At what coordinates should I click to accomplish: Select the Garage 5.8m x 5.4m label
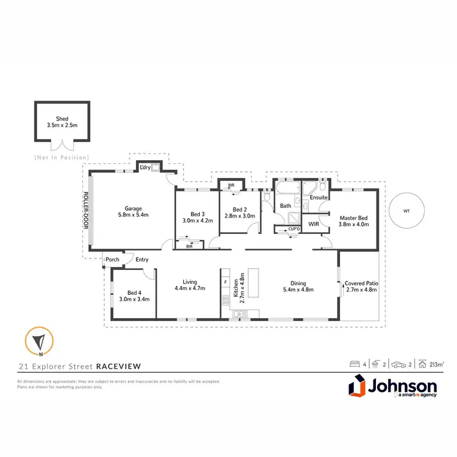[x=133, y=211]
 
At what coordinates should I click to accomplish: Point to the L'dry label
[x=145, y=167]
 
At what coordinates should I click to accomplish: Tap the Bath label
[x=286, y=206]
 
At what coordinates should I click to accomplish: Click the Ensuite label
[x=319, y=198]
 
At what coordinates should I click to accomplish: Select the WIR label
[x=314, y=224]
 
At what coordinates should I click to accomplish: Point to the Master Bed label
[x=352, y=220]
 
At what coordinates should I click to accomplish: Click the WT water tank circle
[x=406, y=211]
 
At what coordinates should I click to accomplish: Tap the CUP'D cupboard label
[x=295, y=229]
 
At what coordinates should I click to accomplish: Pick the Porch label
[x=113, y=260]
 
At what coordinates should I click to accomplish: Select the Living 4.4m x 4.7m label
[x=194, y=285]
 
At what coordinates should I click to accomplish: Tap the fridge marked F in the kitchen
[x=225, y=282]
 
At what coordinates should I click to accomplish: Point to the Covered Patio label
[x=361, y=286]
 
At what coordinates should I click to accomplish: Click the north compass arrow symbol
[x=39, y=341]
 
